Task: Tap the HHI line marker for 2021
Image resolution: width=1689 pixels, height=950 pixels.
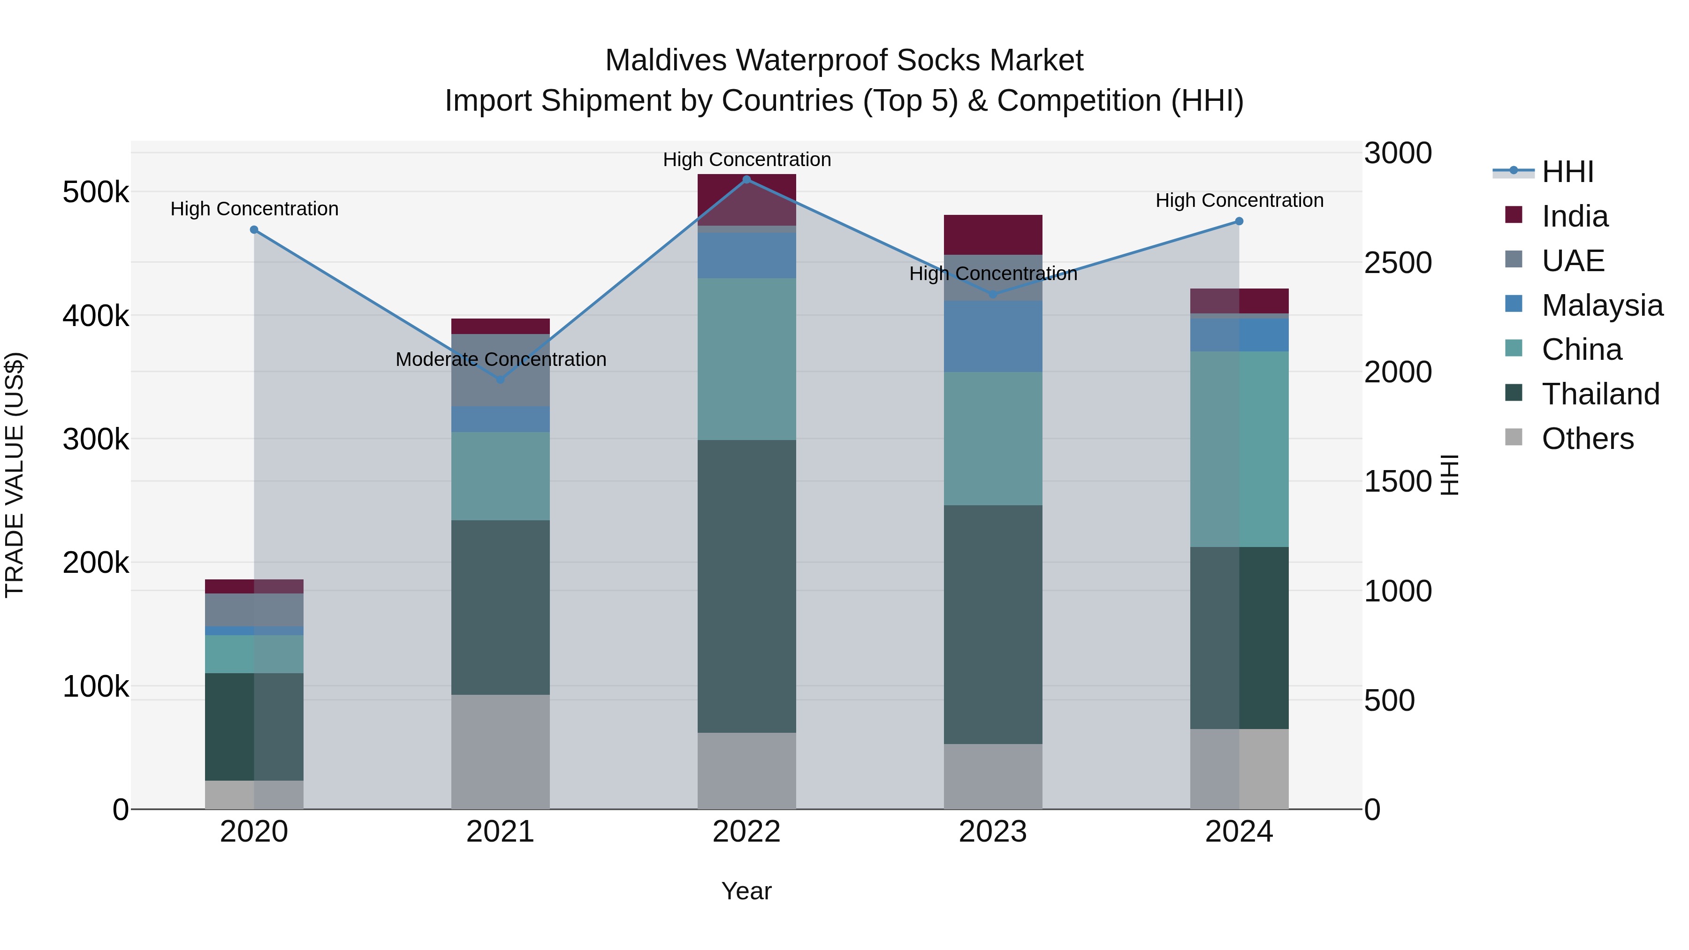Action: click(500, 380)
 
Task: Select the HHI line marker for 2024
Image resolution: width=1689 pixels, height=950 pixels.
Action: click(1239, 221)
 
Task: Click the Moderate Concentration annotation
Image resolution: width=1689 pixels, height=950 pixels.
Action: click(501, 359)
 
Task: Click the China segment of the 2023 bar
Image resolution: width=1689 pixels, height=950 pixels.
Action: click(993, 438)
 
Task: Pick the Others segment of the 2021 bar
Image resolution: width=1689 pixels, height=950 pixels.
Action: click(500, 752)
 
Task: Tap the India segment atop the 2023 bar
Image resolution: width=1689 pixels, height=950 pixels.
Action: click(993, 234)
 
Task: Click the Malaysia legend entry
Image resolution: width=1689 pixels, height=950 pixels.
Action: click(1602, 305)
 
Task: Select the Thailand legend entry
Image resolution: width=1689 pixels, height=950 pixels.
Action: click(1600, 394)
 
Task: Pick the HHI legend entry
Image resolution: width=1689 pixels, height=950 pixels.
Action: click(1567, 172)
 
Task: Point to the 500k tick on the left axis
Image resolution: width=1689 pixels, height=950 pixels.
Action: click(96, 193)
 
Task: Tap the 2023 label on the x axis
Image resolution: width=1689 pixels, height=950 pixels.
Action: click(993, 832)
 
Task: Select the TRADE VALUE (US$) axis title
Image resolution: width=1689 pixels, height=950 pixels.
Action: click(15, 475)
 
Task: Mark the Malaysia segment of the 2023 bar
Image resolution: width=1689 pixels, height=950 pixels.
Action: click(993, 336)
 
